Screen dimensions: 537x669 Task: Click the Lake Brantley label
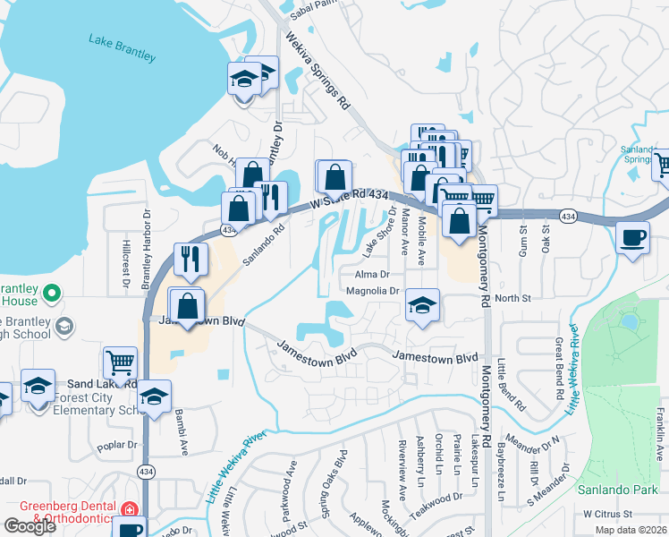click(122, 47)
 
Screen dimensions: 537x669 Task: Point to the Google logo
click(30, 526)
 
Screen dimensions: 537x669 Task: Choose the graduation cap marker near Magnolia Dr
click(422, 304)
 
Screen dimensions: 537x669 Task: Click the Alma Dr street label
click(373, 275)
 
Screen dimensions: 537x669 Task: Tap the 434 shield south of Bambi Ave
click(145, 471)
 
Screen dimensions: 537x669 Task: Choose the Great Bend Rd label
click(558, 368)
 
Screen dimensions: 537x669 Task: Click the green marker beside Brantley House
click(52, 292)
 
